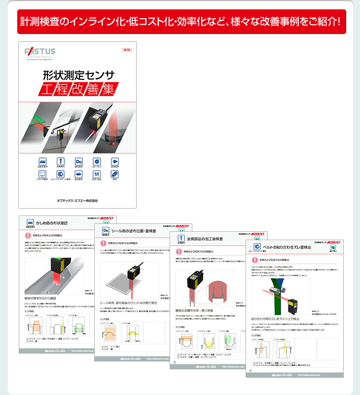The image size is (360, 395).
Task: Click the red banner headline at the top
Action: pos(180,22)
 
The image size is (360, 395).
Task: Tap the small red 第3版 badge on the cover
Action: pos(127,50)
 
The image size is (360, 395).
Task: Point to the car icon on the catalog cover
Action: pos(42,161)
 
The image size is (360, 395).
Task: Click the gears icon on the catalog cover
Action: pos(78,161)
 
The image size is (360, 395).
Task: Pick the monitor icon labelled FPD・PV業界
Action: pos(42,175)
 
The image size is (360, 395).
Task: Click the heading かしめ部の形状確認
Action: pos(52,223)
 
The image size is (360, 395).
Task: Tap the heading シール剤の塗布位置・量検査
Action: pos(134,230)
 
